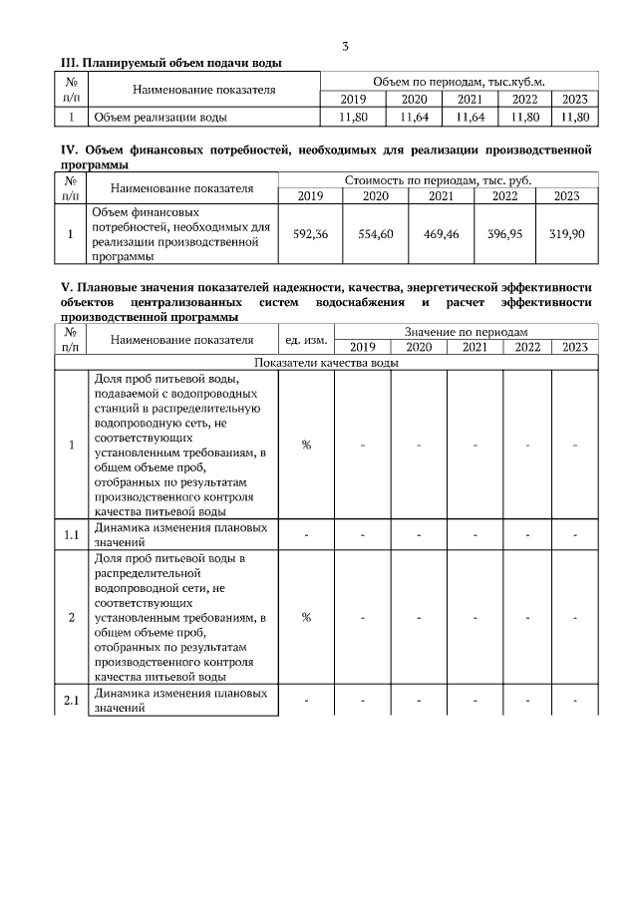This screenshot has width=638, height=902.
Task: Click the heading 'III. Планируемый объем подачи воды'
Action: (171, 63)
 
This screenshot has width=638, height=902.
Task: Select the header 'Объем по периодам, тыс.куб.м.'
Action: (458, 81)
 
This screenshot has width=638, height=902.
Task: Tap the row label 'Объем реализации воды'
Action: (159, 117)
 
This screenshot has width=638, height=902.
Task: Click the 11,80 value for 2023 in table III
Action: (575, 117)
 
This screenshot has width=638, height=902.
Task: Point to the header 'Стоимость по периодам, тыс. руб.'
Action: (438, 180)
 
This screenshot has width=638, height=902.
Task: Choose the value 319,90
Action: (566, 234)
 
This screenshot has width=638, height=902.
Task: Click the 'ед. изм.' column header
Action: (306, 340)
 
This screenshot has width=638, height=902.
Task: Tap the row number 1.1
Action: (71, 535)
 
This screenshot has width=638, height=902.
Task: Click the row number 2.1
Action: (71, 701)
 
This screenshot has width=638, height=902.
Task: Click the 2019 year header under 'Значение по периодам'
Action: (362, 347)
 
